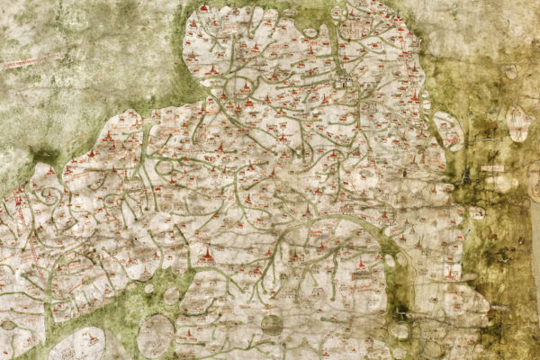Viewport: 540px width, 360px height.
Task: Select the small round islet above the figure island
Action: (x=510, y=71)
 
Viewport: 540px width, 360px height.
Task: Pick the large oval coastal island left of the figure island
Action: (x=448, y=130)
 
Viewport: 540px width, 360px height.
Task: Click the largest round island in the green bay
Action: (x=155, y=334)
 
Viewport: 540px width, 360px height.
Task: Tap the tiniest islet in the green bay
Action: (x=148, y=288)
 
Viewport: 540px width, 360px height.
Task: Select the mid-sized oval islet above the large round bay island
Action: (x=171, y=295)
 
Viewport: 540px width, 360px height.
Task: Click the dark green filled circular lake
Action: (x=272, y=324)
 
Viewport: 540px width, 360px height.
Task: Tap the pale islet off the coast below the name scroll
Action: (x=476, y=213)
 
